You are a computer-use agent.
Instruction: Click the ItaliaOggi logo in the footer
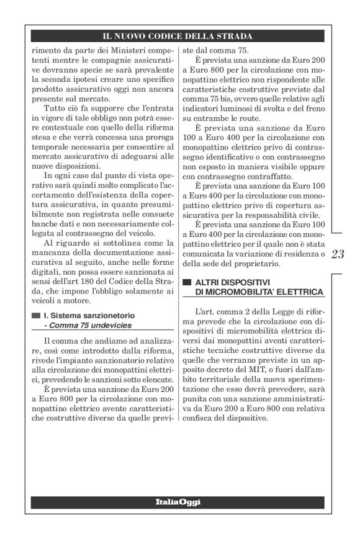(180, 501)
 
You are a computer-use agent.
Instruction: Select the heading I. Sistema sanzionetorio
(89, 315)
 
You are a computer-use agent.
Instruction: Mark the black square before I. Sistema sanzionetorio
(36, 315)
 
